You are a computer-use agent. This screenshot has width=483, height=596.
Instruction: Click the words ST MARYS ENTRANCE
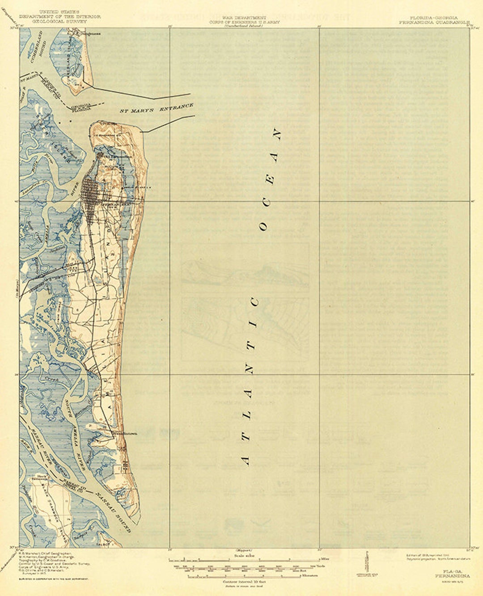click(157, 108)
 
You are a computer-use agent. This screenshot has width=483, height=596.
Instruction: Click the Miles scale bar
click(244, 559)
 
